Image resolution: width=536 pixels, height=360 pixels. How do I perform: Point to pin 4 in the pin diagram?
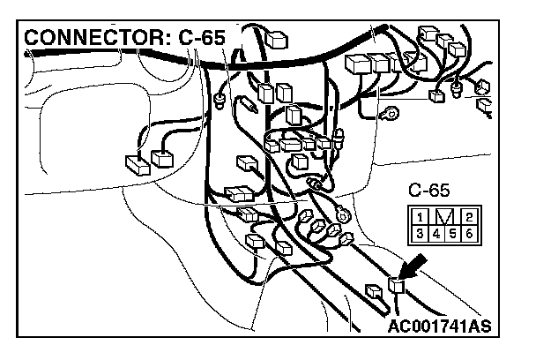(x=436, y=233)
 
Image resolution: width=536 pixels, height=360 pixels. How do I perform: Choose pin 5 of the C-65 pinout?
(x=452, y=233)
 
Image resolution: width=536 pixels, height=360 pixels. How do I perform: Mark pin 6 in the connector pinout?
(x=468, y=233)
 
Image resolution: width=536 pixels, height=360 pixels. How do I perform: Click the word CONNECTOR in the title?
(x=86, y=39)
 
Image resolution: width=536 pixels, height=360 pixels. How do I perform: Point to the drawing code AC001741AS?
(x=439, y=327)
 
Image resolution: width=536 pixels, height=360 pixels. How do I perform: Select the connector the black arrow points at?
(x=398, y=284)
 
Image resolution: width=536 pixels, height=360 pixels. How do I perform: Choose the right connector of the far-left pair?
(x=163, y=158)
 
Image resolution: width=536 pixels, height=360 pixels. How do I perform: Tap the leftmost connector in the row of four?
(x=358, y=64)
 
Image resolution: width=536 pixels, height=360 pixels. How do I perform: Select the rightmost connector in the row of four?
(x=418, y=64)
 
